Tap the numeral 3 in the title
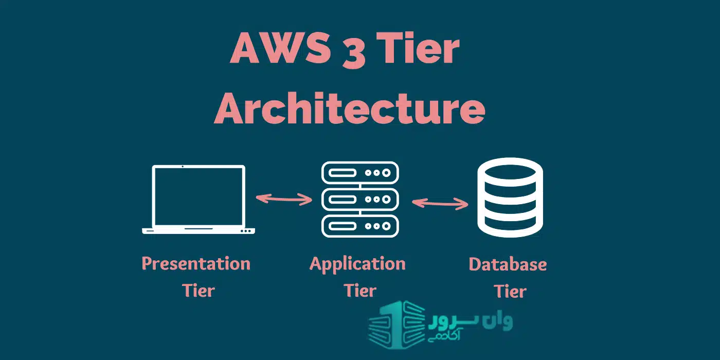click(354, 51)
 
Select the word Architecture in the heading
click(349, 108)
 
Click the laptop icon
click(199, 200)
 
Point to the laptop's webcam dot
click(183, 167)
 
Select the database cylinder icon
click(510, 197)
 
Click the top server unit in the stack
click(360, 173)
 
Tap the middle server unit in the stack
click(360, 200)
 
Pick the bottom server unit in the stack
click(360, 226)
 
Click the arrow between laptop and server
click(284, 199)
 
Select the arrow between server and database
click(440, 204)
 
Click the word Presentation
click(196, 263)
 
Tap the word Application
click(357, 265)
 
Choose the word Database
click(508, 264)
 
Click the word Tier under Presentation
click(199, 290)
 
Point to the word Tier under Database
click(510, 291)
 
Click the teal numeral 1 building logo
click(397, 325)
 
